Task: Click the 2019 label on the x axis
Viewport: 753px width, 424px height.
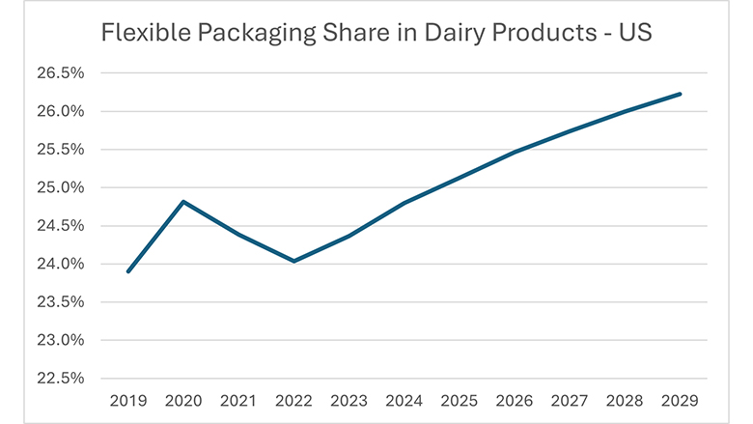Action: [128, 399]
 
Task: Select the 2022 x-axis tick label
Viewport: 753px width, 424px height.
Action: [293, 399]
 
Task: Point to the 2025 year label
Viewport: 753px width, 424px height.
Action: [460, 399]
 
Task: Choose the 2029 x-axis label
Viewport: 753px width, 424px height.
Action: [681, 399]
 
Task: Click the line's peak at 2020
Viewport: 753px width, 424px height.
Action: [183, 202]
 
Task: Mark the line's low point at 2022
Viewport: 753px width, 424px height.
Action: [293, 261]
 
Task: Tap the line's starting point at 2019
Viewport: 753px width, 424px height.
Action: [128, 271]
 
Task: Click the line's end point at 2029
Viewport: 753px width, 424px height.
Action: [681, 94]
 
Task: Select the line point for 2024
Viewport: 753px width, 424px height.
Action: [404, 203]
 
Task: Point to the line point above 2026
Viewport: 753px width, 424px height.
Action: [515, 152]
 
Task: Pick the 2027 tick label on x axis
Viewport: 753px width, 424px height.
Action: [570, 399]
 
